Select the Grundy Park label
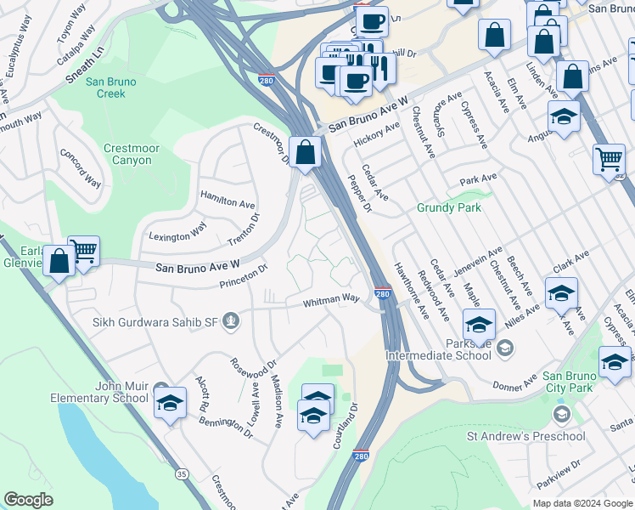point(448,207)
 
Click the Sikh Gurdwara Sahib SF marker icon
point(232,321)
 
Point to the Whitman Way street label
point(333,300)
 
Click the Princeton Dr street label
point(243,275)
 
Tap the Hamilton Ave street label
point(228,200)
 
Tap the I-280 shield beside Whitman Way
point(383,294)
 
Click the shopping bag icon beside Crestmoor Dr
point(305,153)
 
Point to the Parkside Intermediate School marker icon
point(505,346)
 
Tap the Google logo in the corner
point(29,500)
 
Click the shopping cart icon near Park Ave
point(609,159)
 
